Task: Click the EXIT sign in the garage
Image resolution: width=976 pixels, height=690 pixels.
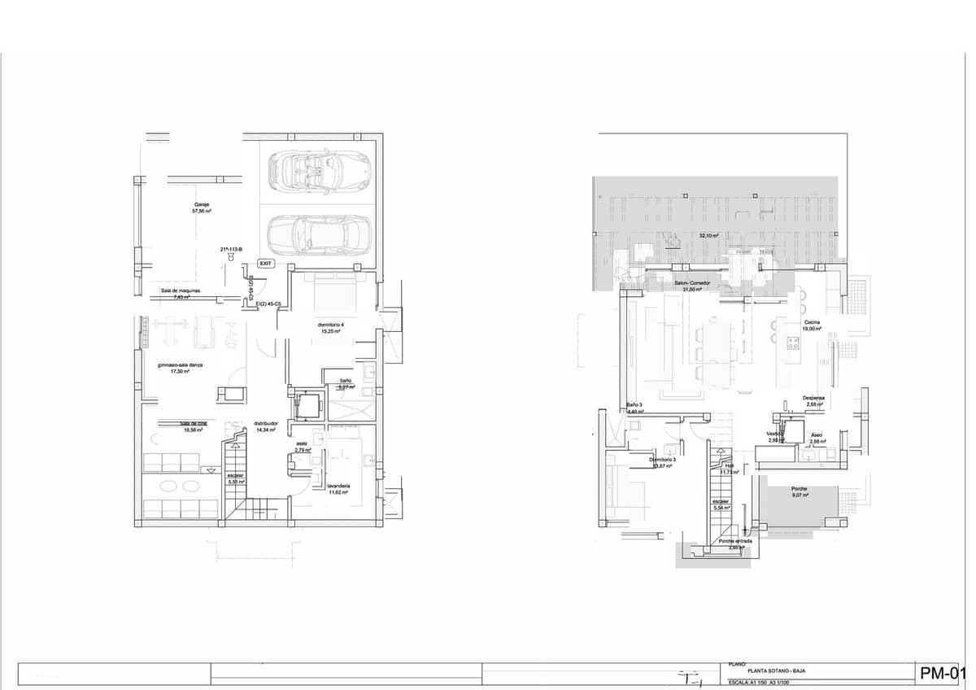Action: click(x=265, y=264)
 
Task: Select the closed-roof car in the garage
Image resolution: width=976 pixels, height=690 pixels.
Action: click(x=318, y=235)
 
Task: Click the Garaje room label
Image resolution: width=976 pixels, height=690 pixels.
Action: click(x=202, y=204)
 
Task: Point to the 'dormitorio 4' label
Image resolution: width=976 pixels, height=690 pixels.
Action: click(x=330, y=325)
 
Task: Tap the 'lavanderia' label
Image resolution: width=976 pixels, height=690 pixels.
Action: click(x=338, y=486)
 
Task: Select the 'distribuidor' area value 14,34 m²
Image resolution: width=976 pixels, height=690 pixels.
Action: click(x=266, y=430)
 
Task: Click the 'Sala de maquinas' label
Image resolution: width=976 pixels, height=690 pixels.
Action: click(x=181, y=290)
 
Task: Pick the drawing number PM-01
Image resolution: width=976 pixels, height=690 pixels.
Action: click(x=942, y=673)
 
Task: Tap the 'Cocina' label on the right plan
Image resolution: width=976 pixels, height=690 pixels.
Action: click(x=812, y=323)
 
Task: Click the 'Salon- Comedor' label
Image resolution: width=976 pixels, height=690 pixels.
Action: click(x=692, y=282)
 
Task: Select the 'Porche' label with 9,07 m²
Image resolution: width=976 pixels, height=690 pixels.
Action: click(x=800, y=489)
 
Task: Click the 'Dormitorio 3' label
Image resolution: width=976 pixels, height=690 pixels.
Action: click(x=663, y=460)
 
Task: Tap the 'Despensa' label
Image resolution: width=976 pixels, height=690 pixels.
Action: click(x=813, y=398)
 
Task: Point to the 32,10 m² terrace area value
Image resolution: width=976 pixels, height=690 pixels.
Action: click(x=708, y=236)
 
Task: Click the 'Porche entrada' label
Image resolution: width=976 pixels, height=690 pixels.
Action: click(x=735, y=541)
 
